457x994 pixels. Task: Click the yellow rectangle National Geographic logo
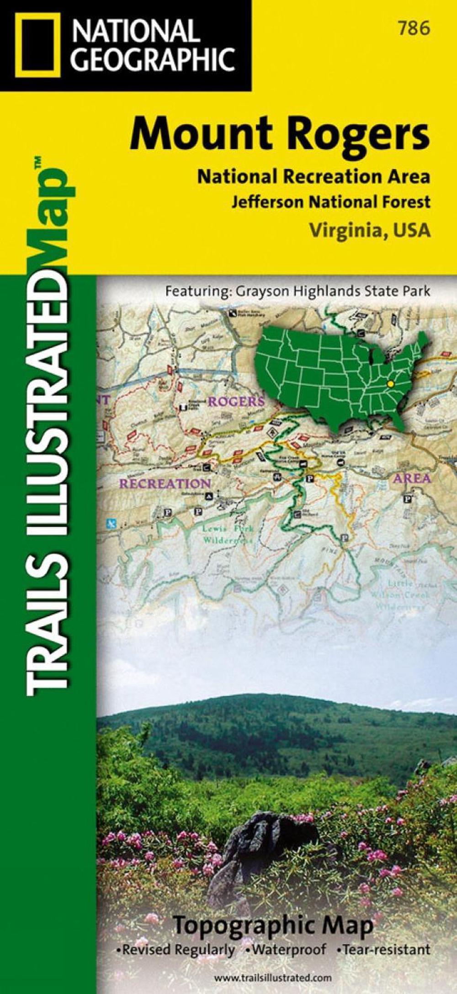(37, 45)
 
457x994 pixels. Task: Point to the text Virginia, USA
(370, 230)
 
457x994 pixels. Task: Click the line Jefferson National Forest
(330, 201)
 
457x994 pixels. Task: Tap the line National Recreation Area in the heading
(314, 176)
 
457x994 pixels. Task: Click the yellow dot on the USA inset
(390, 384)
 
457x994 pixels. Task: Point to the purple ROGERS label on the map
(236, 401)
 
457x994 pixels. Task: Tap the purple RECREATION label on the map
(165, 483)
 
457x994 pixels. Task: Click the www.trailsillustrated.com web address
(273, 975)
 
